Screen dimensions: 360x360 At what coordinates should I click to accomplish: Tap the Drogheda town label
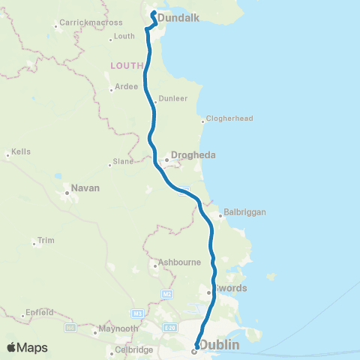193,156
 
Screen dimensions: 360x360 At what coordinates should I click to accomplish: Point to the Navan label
85,188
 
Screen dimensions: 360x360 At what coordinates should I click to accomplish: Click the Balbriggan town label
245,213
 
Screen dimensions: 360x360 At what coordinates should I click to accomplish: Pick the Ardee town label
127,86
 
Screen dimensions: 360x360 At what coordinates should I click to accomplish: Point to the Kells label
21,151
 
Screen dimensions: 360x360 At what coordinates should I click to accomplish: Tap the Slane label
122,161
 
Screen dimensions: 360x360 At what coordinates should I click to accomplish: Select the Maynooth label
119,329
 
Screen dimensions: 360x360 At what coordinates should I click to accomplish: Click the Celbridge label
128,349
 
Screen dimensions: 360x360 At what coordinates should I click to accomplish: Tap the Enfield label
40,311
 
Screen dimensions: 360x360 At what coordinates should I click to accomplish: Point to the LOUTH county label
126,65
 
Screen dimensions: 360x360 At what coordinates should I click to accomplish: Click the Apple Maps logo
27,348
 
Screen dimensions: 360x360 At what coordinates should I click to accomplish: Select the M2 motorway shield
167,293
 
